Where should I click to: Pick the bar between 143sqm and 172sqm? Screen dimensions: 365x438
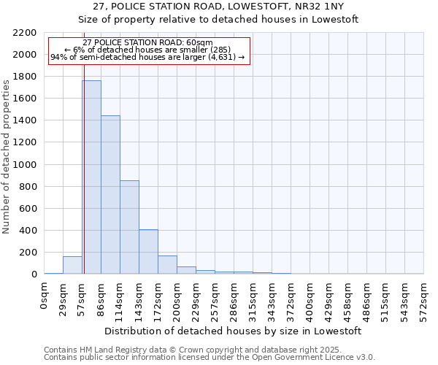click(x=148, y=252)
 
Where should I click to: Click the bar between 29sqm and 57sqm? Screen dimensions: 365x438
click(x=72, y=266)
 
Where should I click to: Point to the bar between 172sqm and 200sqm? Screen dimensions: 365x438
click(x=167, y=265)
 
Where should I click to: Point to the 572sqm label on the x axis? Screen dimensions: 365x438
click(x=424, y=298)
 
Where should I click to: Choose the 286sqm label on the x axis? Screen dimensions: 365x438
click(x=234, y=298)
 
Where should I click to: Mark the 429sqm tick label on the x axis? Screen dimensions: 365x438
click(x=329, y=298)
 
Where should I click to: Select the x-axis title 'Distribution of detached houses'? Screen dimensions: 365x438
click(x=234, y=331)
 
